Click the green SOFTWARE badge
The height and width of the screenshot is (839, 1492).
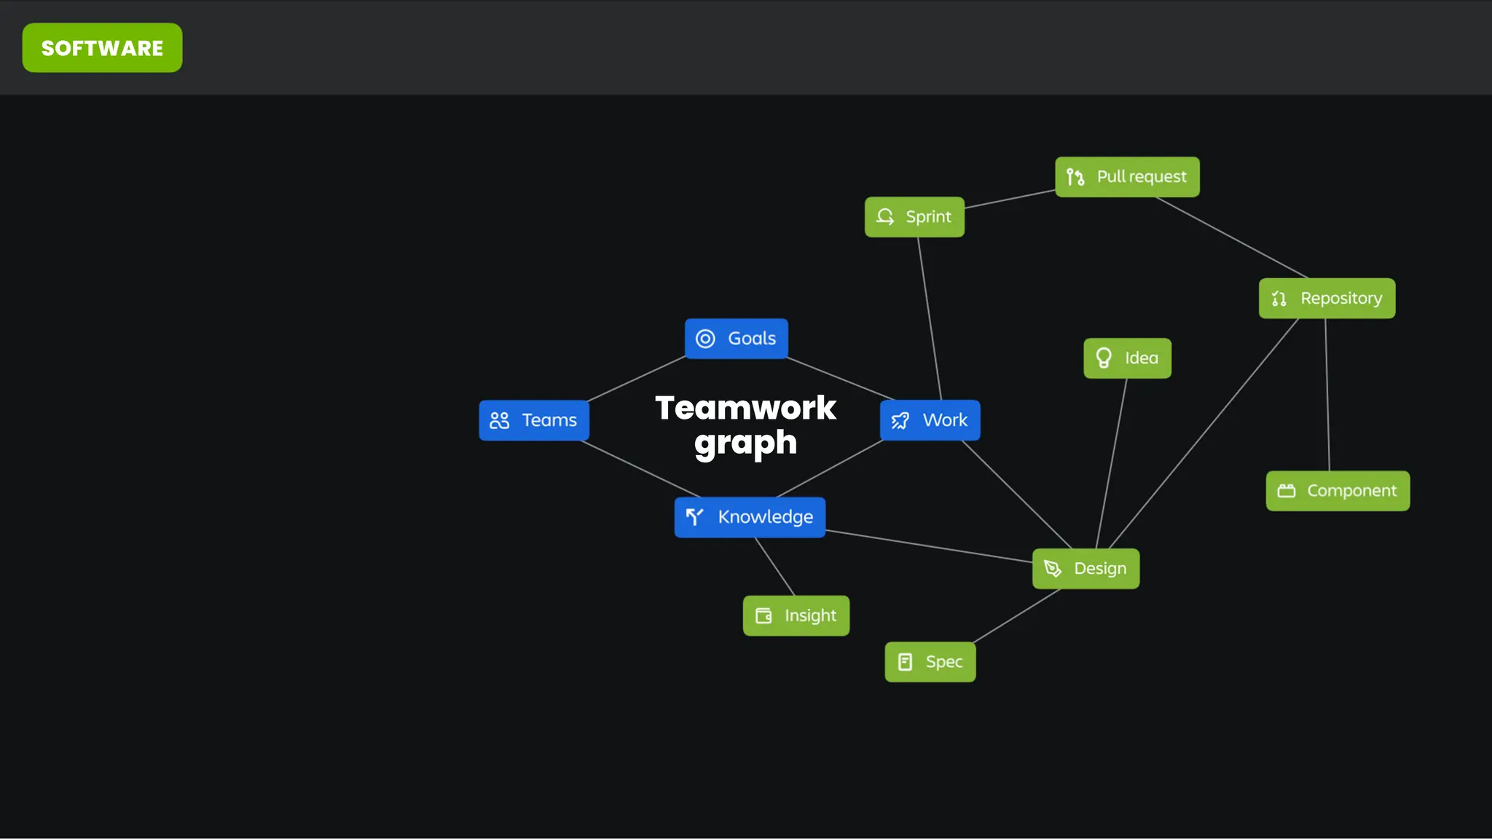pos(102,48)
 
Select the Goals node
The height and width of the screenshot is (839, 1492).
pos(736,339)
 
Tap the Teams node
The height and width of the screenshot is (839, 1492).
pos(533,420)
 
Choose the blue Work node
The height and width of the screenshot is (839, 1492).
pos(930,420)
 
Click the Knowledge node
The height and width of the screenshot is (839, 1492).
pos(750,517)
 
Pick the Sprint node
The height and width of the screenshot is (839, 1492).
pos(914,217)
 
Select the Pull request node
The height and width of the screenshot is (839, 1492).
pos(1127,177)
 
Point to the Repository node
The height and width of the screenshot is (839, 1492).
pos(1327,299)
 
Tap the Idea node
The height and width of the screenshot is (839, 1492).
pos(1127,358)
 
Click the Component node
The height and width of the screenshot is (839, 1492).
pos(1338,491)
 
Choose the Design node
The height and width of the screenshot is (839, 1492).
pos(1085,569)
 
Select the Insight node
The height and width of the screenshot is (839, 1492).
pos(796,616)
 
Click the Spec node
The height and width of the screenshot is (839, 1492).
pos(930,662)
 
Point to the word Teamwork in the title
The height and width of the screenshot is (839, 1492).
pos(745,408)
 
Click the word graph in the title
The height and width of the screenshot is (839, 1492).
pos(745,443)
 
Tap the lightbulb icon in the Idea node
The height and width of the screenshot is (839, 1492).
pos(1104,358)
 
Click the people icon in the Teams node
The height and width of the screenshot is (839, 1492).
pos(500,420)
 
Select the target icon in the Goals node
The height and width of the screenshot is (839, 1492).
pos(705,339)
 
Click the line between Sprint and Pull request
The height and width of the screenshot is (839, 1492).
pos(1010,200)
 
